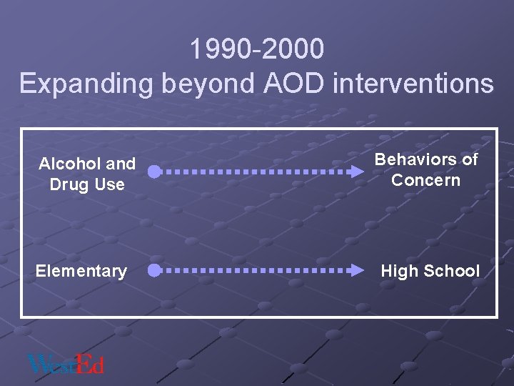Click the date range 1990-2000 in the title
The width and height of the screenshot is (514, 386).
click(257, 49)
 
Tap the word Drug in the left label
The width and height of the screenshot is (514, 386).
click(67, 184)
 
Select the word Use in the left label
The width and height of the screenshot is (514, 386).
click(110, 184)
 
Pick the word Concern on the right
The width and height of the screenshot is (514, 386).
click(426, 179)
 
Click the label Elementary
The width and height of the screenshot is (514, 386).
click(81, 271)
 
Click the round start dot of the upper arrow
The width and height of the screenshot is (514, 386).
click(153, 172)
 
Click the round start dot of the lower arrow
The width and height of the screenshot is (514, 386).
click(153, 270)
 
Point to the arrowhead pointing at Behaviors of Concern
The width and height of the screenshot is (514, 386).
click(356, 172)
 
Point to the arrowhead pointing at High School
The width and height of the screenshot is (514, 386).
click(356, 270)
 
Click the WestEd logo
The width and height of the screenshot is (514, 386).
click(66, 364)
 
